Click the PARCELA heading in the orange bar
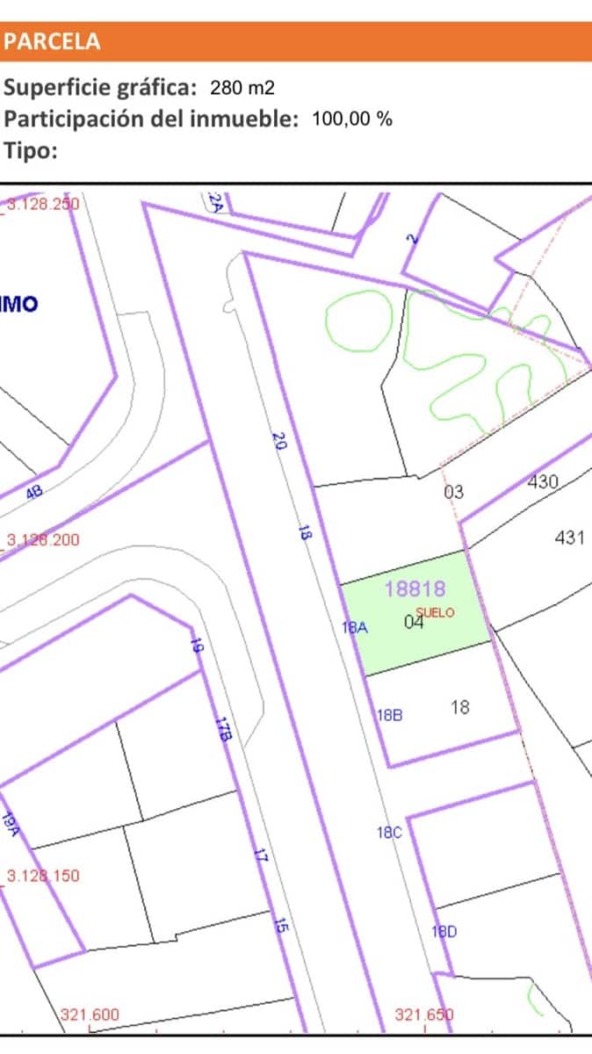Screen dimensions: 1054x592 pyautogui.click(x=53, y=41)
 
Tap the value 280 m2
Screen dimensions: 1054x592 pyautogui.click(x=243, y=88)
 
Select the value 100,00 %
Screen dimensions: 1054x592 pyautogui.click(x=352, y=119)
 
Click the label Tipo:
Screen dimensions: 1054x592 pyautogui.click(x=31, y=149)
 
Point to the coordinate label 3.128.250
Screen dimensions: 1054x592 pyautogui.click(x=43, y=204)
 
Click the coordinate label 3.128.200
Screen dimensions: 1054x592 pyautogui.click(x=43, y=539)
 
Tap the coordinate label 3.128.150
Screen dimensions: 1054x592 pyautogui.click(x=43, y=876)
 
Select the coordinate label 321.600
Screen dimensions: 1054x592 pyautogui.click(x=90, y=1015)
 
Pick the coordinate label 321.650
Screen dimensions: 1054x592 pyautogui.click(x=424, y=1015)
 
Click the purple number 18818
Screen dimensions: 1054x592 pyautogui.click(x=415, y=588)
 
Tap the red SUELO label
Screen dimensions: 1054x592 pyautogui.click(x=436, y=613)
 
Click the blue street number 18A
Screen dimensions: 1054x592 pyautogui.click(x=354, y=627)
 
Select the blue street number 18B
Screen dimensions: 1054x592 pyautogui.click(x=389, y=715)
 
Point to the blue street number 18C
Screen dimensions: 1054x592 pyautogui.click(x=389, y=833)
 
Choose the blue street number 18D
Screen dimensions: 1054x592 pyautogui.click(x=444, y=932)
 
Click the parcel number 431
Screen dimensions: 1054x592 pyautogui.click(x=569, y=538)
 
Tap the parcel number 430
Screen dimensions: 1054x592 pyautogui.click(x=543, y=482)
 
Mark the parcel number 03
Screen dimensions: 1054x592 pyautogui.click(x=453, y=492)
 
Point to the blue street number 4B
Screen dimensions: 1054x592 pyautogui.click(x=34, y=494)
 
